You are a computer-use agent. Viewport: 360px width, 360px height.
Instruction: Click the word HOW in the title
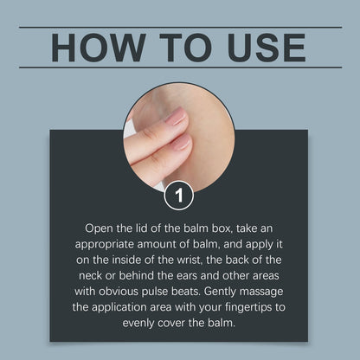point(99,48)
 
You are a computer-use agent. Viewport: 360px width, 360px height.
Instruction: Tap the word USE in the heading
point(267,48)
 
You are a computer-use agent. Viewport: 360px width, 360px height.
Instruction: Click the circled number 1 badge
point(179,196)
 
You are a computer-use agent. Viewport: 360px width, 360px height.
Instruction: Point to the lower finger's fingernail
point(181,142)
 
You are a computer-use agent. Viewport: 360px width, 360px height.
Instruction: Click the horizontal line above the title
point(180,28)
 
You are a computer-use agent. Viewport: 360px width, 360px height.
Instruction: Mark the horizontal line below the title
point(180,67)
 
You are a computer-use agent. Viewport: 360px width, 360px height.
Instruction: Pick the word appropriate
point(105,245)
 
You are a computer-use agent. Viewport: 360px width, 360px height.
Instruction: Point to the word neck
point(90,275)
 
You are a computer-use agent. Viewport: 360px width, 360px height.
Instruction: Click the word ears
point(187,276)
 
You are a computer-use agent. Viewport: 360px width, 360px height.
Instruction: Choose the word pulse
point(155,292)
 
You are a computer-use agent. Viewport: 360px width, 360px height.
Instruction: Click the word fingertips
point(247,307)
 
